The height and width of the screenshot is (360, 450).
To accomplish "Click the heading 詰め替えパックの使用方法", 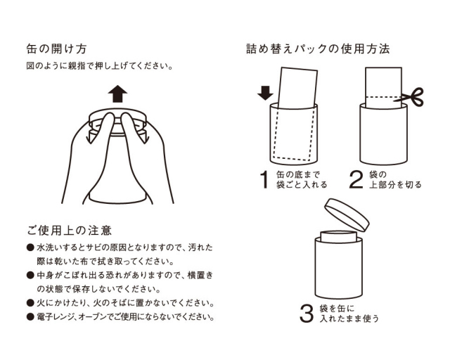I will click(317, 50).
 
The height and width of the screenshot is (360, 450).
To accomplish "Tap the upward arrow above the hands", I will click(117, 93).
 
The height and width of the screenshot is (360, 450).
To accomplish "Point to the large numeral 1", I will click(264, 180).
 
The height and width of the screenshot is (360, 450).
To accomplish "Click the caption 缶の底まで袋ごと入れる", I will click(302, 180).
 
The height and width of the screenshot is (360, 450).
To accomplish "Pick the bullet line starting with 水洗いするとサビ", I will click(120, 249).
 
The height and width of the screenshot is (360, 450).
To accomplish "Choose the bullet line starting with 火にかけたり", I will click(120, 303).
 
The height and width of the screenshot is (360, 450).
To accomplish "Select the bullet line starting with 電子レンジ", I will click(120, 317).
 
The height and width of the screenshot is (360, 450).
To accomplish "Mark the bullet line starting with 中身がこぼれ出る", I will click(120, 276).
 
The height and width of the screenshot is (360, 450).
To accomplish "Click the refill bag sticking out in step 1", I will click(297, 88).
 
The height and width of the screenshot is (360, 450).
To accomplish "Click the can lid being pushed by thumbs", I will click(117, 115).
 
